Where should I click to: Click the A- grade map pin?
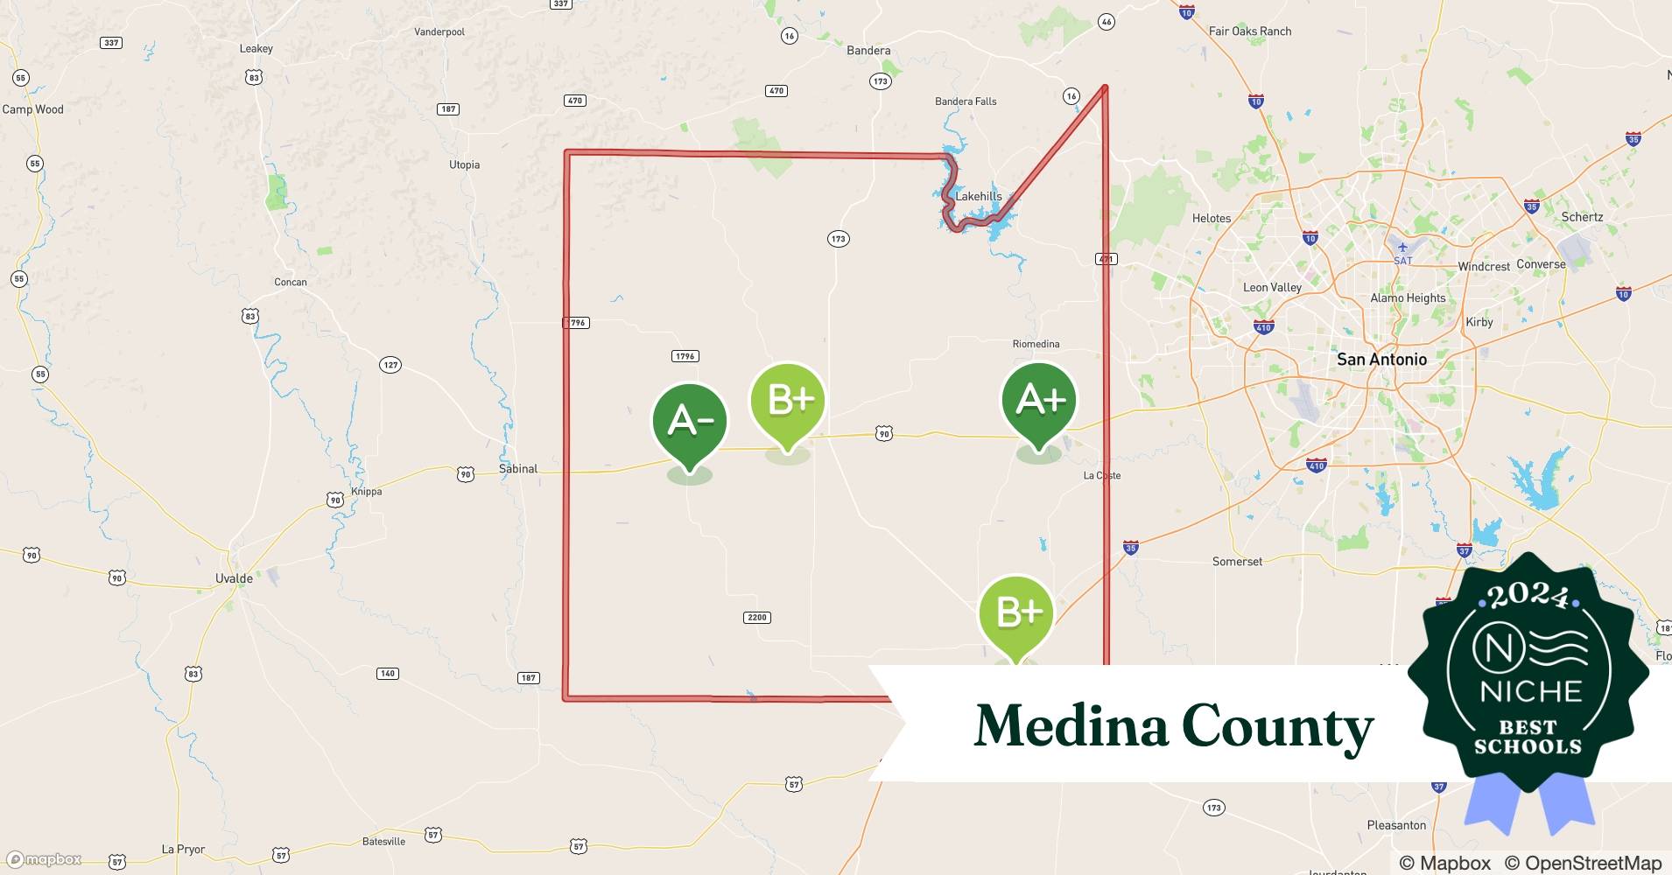point(690,422)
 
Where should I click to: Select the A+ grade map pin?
point(1039,401)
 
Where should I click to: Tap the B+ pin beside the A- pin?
point(788,401)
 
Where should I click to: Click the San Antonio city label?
point(1381,360)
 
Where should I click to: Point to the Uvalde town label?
point(234,578)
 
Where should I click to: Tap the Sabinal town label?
point(518,469)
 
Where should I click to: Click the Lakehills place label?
point(978,196)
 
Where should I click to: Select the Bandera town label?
point(868,51)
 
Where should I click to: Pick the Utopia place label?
point(464,164)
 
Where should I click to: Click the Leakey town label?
point(256,49)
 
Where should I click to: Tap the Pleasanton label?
point(1396,825)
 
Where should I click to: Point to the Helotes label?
point(1212,219)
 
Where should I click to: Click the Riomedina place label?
point(1036,344)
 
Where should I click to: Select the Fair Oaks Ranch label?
point(1249,31)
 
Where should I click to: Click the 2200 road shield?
point(756,618)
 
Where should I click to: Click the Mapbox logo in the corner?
point(45,859)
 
